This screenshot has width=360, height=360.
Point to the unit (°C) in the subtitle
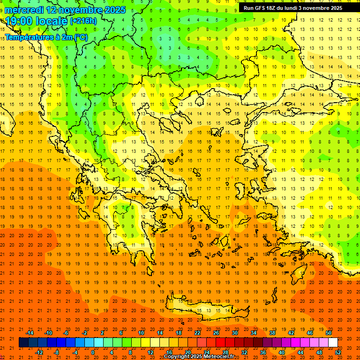tap(80, 37)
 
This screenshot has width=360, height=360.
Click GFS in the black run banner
tap(261, 8)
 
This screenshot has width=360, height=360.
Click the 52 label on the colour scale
tap(337, 352)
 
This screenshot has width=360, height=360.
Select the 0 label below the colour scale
tap(93, 352)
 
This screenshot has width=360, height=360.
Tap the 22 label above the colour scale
tap(197, 333)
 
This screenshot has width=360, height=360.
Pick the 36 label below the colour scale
tap(262, 352)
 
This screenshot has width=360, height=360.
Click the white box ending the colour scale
tap(333, 343)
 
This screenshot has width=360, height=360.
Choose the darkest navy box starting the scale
tap(23, 343)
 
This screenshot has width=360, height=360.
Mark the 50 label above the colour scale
tap(328, 333)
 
